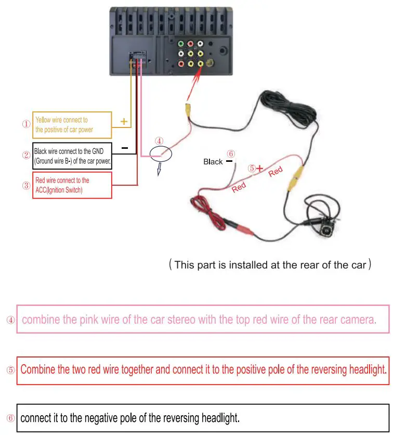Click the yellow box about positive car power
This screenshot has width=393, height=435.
pos(72,125)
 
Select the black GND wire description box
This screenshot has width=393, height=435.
pos(72,155)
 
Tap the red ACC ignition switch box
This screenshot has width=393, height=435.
pos(72,185)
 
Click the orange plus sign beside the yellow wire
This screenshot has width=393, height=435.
pos(124,121)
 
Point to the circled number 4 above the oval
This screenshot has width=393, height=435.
pos(159,140)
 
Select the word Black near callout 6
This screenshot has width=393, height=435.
pos(213,162)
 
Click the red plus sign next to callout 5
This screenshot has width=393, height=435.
pos(259,169)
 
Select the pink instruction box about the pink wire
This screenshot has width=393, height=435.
pos(203,319)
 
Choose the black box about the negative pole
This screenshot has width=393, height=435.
pos(203,403)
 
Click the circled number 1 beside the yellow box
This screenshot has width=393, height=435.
pos(26,124)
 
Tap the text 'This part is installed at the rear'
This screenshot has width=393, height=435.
pos(270,264)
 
